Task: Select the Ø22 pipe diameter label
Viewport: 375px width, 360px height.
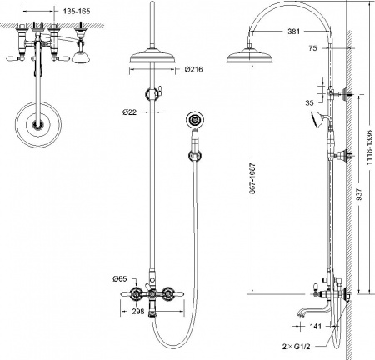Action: (129, 112)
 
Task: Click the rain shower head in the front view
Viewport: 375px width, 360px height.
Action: (151, 58)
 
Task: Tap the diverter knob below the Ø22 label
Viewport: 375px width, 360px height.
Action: (153, 93)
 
